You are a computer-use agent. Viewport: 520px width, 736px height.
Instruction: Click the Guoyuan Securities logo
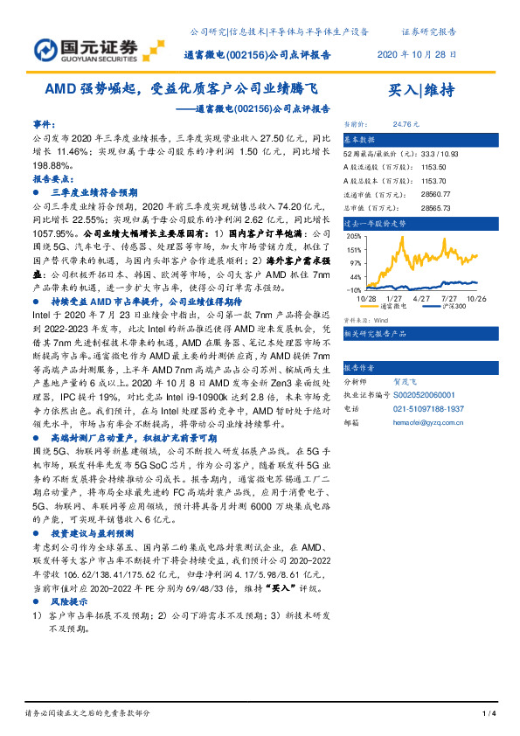(87, 48)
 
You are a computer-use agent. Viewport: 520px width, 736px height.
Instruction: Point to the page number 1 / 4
(489, 714)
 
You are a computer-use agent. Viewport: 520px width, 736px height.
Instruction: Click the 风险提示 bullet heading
(69, 602)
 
